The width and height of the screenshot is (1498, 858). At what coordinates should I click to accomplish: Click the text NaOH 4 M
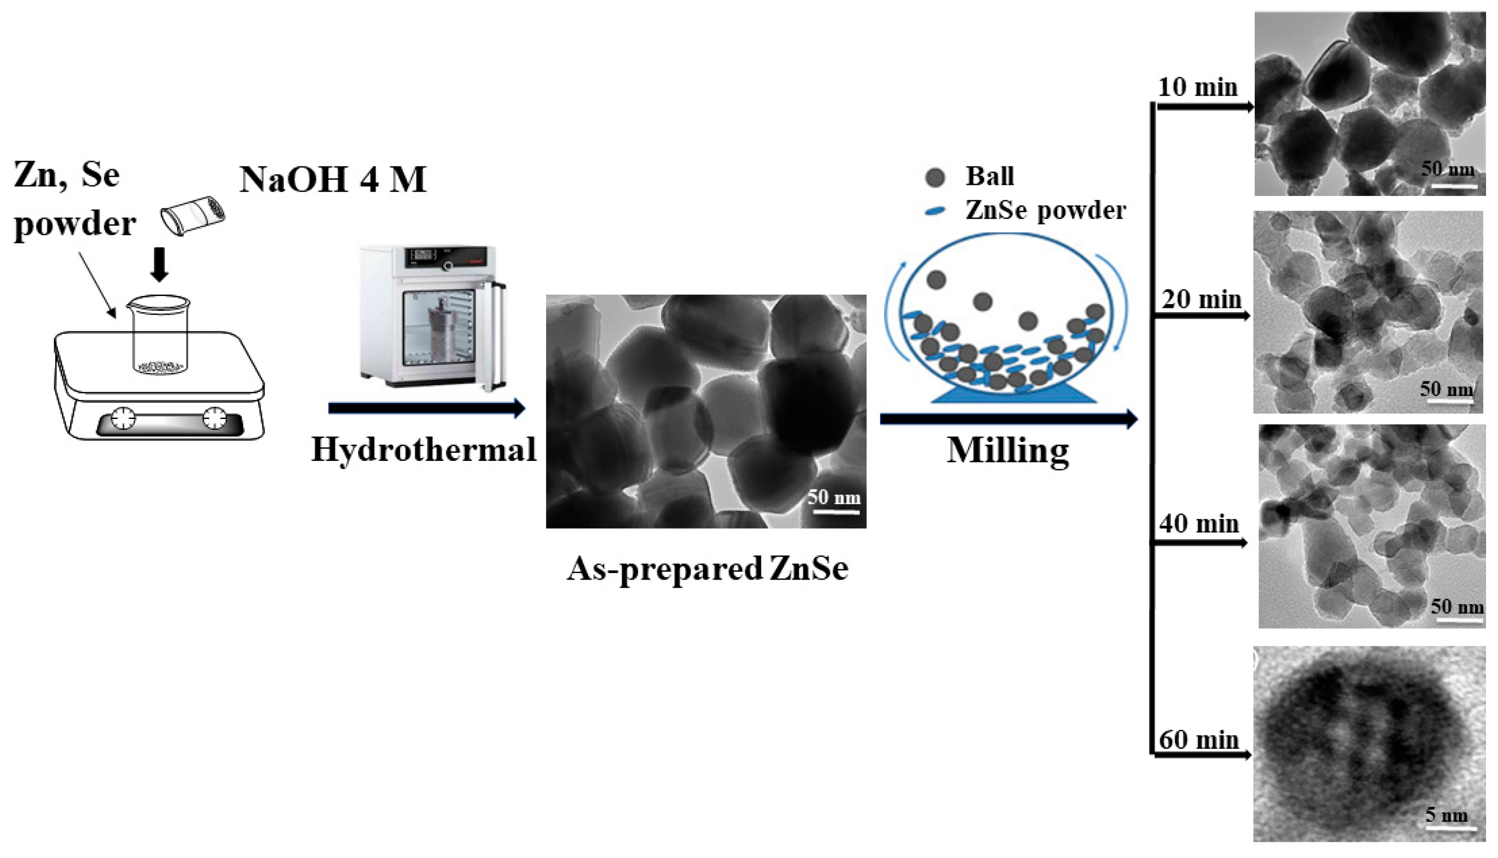[x=332, y=179]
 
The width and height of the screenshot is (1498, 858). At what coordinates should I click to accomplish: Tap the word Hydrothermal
[x=424, y=449]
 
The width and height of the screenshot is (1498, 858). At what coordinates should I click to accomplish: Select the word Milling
[x=1008, y=451]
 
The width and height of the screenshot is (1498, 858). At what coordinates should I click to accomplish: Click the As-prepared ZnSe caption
[x=707, y=569]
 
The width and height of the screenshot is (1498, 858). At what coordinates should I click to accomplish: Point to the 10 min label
[x=1198, y=87]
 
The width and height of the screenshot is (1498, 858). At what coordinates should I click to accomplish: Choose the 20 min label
[x=1201, y=299]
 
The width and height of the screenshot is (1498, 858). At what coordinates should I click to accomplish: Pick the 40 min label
[x=1199, y=523]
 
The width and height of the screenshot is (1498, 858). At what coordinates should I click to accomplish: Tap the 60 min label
[x=1199, y=740]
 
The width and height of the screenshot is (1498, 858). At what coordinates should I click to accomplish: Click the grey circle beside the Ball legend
[x=935, y=177]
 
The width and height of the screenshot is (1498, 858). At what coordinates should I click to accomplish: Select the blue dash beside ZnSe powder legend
[x=935, y=210]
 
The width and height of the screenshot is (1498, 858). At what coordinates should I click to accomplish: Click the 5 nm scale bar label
[x=1446, y=815]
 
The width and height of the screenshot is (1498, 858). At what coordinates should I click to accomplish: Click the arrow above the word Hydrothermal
[x=425, y=408]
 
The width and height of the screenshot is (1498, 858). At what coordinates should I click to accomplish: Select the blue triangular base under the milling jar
[x=1014, y=395]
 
